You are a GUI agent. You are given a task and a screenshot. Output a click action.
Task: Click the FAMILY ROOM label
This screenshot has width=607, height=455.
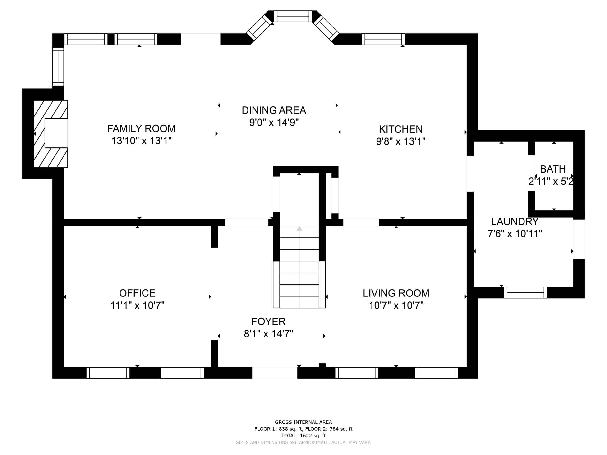pyautogui.click(x=141, y=129)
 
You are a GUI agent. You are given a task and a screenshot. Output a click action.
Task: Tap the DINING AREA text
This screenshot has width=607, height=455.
pyautogui.click(x=274, y=110)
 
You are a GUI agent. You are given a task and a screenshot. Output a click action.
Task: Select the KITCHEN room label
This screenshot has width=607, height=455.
pyautogui.click(x=401, y=129)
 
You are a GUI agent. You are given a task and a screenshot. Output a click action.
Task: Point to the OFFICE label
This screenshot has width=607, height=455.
pyautogui.click(x=137, y=293)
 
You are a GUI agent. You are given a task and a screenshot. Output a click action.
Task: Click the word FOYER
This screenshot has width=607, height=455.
pyautogui.click(x=268, y=321)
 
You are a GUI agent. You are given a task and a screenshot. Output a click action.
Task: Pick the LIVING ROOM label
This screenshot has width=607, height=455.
pyautogui.click(x=396, y=293)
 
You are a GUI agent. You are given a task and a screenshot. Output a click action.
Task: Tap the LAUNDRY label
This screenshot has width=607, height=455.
pyautogui.click(x=515, y=222)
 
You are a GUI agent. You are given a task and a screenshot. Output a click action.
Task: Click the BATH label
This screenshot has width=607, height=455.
pyautogui.click(x=553, y=169)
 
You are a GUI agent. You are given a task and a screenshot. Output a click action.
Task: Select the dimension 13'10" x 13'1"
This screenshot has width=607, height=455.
pyautogui.click(x=141, y=141)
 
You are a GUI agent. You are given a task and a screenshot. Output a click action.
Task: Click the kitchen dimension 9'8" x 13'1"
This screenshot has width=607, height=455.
pyautogui.click(x=401, y=141)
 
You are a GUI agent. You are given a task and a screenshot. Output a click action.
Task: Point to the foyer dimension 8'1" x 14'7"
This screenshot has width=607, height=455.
pyautogui.click(x=268, y=334)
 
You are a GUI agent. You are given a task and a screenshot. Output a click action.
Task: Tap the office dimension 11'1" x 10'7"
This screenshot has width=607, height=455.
pyautogui.click(x=137, y=305)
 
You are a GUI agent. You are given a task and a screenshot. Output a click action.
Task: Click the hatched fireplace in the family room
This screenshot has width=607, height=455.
pyautogui.click(x=51, y=134)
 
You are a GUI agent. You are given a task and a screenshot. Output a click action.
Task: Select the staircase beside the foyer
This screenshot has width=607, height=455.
pyautogui.click(x=299, y=267)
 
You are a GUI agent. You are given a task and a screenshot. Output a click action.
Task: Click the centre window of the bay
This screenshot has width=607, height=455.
pyautogui.click(x=293, y=16)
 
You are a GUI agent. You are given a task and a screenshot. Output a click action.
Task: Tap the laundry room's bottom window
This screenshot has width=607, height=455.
pyautogui.click(x=525, y=292)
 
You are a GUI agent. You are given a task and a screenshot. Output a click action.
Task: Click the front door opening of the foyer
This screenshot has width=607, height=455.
pyautogui.click(x=275, y=373)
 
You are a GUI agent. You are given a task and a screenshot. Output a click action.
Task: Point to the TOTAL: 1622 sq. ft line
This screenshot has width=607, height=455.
pyautogui.click(x=303, y=436)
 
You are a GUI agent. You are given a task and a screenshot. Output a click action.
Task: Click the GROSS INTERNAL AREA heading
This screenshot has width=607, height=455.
pyautogui.click(x=303, y=422)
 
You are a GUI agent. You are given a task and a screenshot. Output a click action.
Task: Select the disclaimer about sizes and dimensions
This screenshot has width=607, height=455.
pyautogui.click(x=303, y=442)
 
